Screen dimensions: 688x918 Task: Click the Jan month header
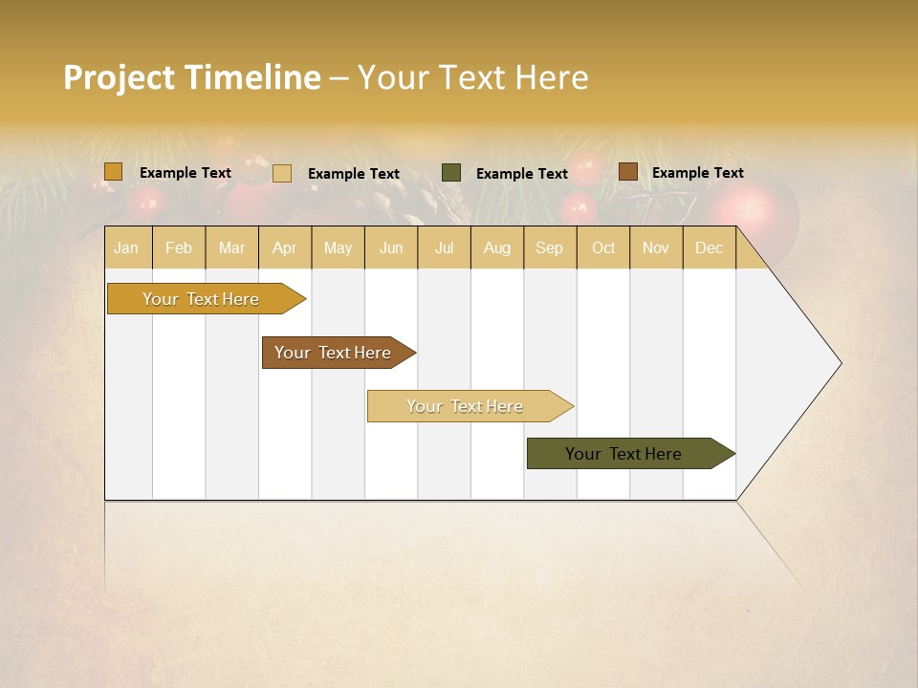point(126,248)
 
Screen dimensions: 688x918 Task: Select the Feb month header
point(179,248)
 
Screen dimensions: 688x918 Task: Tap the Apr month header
point(284,248)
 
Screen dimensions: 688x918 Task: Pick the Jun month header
point(391,248)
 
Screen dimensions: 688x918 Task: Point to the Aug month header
point(496,248)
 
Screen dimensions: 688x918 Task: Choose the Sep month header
point(549,248)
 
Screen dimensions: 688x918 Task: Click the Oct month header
point(603,248)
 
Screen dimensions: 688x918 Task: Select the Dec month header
point(709,248)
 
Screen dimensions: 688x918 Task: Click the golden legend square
point(113,172)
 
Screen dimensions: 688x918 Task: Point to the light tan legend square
point(282,173)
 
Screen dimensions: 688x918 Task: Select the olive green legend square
point(451,173)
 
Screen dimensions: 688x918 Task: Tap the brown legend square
point(627,172)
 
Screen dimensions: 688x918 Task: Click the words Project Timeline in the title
point(191,77)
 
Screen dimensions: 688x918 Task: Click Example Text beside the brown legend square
point(697,173)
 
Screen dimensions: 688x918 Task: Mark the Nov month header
point(655,248)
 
